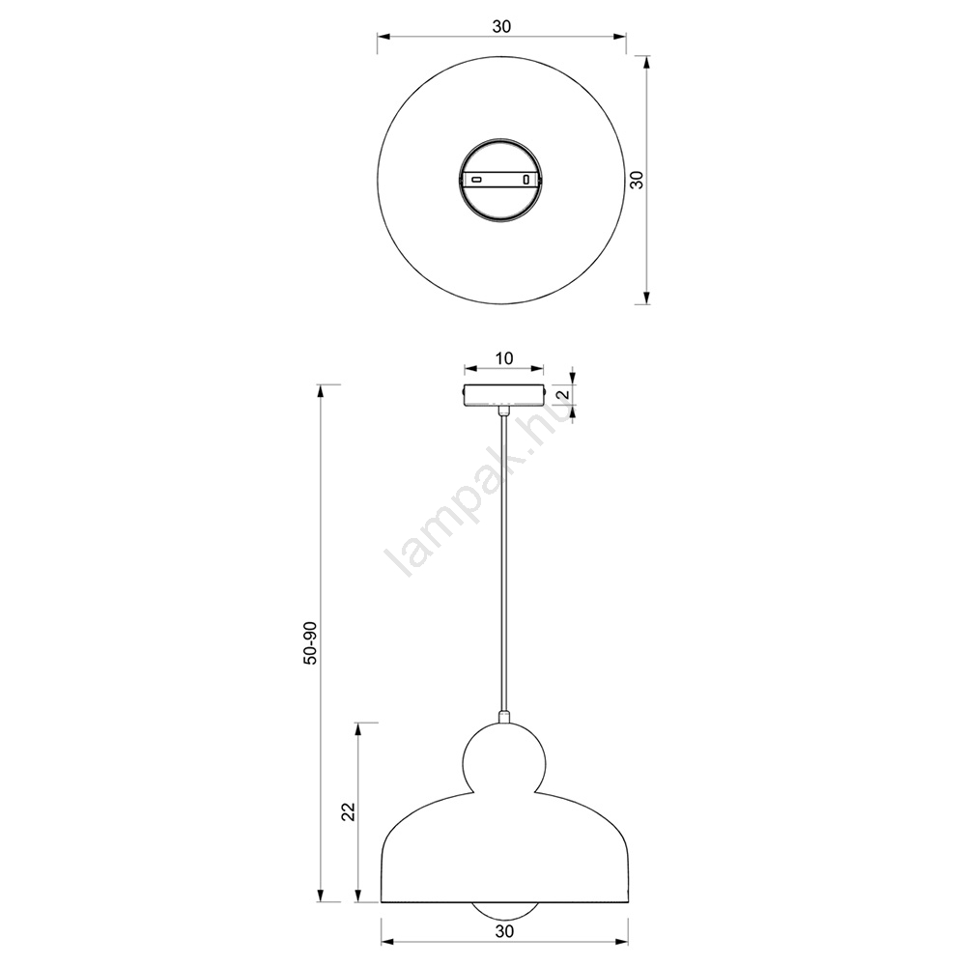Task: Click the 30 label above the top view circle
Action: (501, 26)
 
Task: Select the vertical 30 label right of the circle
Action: (638, 180)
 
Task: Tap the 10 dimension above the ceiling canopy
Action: (504, 358)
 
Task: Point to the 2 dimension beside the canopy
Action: (561, 395)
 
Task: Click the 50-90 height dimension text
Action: (311, 642)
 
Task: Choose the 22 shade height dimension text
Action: (348, 811)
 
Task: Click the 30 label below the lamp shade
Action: (504, 931)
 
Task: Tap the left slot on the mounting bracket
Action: (476, 180)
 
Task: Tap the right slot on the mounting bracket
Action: (526, 180)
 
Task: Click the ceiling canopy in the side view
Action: (504, 394)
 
